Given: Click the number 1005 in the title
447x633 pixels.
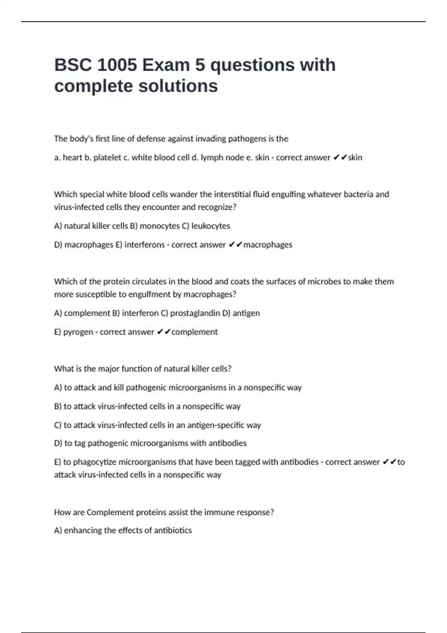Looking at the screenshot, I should (117, 65).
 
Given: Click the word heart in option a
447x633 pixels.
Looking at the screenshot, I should (72, 158).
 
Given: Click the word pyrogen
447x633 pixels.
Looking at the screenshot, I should (78, 332).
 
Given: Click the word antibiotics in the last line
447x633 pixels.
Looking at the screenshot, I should (173, 531).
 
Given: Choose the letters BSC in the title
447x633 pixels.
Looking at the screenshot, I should (73, 65).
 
